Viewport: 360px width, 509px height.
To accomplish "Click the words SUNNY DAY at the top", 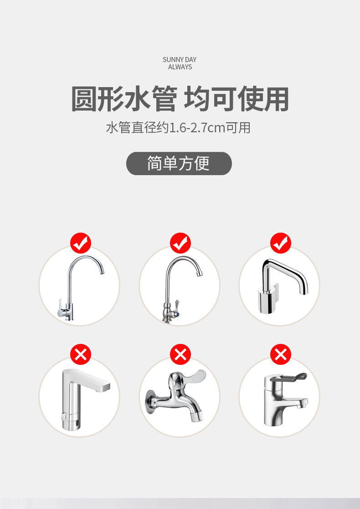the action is pyautogui.click(x=180, y=60).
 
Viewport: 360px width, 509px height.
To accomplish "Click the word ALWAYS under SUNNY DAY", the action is pyautogui.click(x=180, y=67).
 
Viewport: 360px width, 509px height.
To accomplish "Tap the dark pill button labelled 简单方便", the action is pyautogui.click(x=179, y=163).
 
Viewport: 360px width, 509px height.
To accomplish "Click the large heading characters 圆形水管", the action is pyautogui.click(x=124, y=99).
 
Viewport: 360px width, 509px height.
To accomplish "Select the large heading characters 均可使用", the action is pyautogui.click(x=237, y=99).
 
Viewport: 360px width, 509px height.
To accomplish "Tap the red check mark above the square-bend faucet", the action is pyautogui.click(x=281, y=243).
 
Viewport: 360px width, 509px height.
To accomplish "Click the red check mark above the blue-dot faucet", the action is pyautogui.click(x=180, y=243).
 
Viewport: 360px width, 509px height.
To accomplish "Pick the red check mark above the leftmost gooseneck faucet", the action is pyautogui.click(x=81, y=243).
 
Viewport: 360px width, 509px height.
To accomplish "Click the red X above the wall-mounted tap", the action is pyautogui.click(x=180, y=354).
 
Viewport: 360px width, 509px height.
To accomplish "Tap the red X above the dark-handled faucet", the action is pyautogui.click(x=281, y=354).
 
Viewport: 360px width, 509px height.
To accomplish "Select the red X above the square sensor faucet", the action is pyautogui.click(x=81, y=354).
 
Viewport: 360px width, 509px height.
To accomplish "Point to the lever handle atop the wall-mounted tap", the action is pyautogui.click(x=191, y=378).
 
